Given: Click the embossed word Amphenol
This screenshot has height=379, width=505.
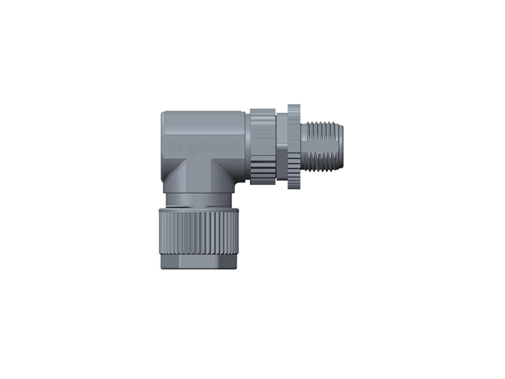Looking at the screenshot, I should (x=203, y=148).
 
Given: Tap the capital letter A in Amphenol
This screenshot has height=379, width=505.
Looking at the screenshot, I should (x=172, y=148).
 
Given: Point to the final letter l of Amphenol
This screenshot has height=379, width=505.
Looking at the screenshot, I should (x=238, y=147).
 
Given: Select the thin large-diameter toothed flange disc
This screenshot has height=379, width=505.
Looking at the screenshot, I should (x=294, y=147).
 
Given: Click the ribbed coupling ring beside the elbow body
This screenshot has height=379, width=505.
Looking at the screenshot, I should (x=263, y=147).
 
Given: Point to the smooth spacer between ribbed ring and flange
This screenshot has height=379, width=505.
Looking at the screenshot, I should (x=282, y=147).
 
